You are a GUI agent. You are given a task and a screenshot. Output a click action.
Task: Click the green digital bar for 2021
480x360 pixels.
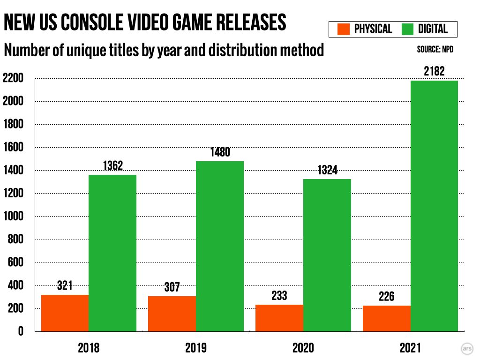(x=434, y=206)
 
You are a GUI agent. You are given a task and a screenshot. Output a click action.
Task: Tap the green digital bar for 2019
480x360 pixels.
(x=220, y=246)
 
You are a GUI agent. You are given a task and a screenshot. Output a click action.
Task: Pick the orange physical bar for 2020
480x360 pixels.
(x=279, y=318)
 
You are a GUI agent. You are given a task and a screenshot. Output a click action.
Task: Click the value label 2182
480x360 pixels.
(x=434, y=72)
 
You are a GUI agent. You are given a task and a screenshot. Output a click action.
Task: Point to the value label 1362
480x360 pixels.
(x=112, y=166)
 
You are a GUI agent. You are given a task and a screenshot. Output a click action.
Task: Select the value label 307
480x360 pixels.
(x=172, y=287)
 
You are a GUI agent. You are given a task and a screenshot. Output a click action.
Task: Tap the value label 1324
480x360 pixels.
(x=327, y=170)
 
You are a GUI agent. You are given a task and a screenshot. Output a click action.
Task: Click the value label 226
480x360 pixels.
(x=387, y=297)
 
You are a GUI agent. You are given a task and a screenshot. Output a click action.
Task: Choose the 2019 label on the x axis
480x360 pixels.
(x=196, y=348)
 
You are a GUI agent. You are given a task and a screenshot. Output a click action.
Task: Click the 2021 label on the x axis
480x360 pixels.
(x=410, y=348)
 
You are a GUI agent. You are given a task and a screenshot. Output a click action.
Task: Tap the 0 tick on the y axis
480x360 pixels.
(x=21, y=332)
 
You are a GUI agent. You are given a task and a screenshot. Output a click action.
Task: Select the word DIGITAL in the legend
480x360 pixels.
(x=433, y=30)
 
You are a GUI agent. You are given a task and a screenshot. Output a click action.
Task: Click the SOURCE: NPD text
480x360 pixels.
(x=435, y=49)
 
